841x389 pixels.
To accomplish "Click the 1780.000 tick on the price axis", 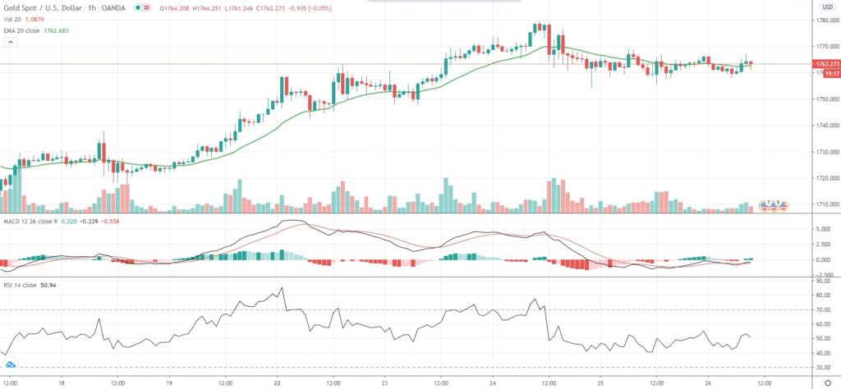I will click(824, 21).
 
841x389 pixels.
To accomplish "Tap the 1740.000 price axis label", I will click(824, 126).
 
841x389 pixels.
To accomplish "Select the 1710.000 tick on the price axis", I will click(824, 204).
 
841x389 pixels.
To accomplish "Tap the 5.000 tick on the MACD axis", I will click(824, 229).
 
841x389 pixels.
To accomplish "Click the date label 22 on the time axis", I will click(278, 382).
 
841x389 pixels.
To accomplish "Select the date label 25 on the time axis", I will click(600, 382).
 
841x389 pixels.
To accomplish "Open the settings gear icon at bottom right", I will click(827, 382).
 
